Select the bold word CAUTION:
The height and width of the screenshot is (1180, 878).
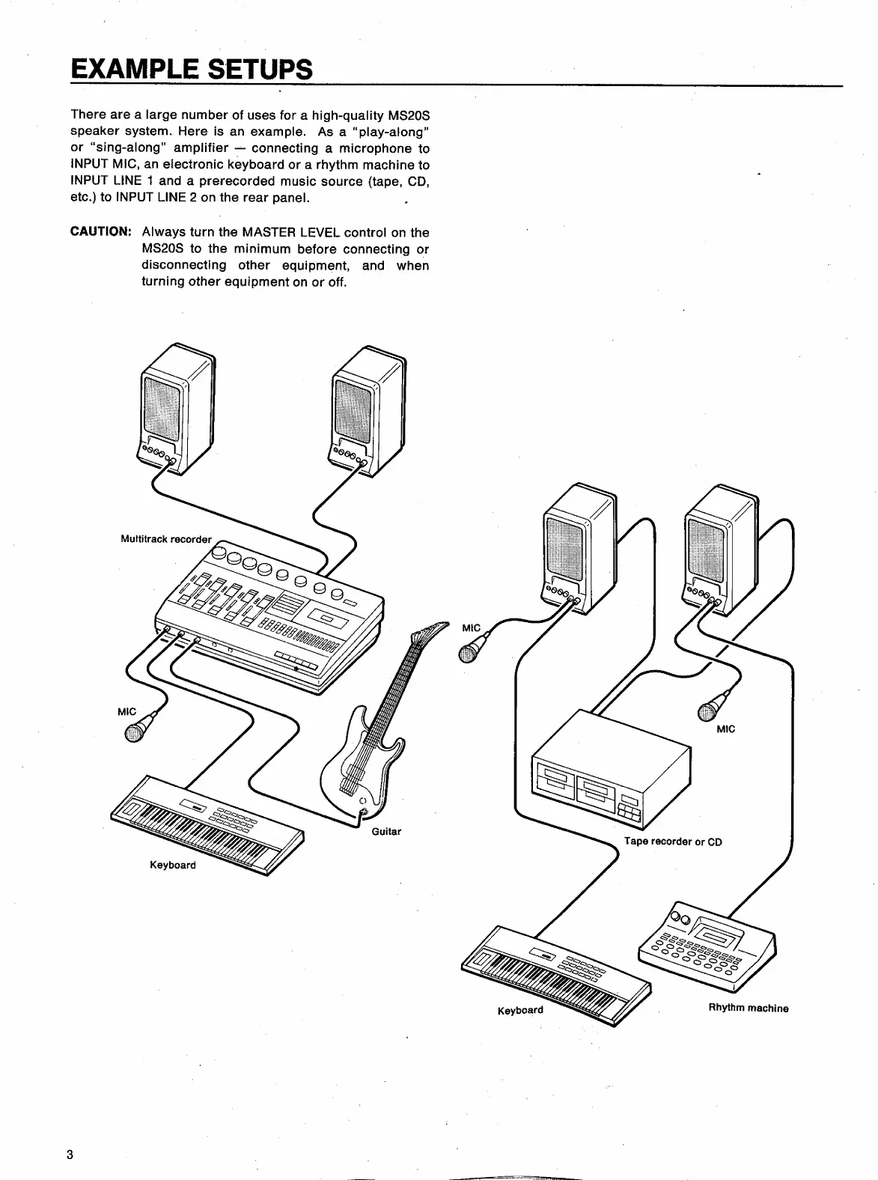pyautogui.click(x=100, y=232)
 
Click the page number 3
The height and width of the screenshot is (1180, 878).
pyautogui.click(x=70, y=1154)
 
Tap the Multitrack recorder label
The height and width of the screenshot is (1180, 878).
pyautogui.click(x=166, y=539)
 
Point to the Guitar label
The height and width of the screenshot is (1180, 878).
pyautogui.click(x=386, y=831)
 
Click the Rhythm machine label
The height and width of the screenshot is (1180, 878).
pyautogui.click(x=748, y=1008)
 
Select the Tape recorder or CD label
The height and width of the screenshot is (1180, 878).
pyautogui.click(x=673, y=842)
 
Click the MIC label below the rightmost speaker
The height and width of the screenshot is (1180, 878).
pyautogui.click(x=725, y=729)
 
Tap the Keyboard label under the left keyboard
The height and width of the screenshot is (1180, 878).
pyautogui.click(x=173, y=865)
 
